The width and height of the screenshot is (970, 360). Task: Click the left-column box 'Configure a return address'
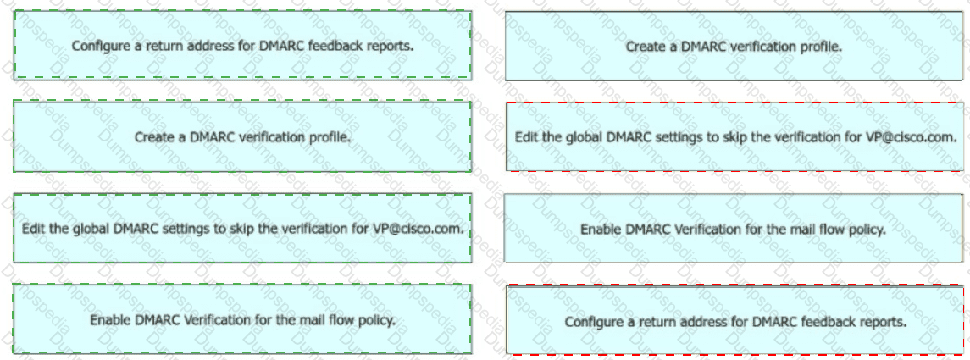click(x=242, y=46)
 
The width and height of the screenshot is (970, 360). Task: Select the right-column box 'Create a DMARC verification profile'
click(x=734, y=47)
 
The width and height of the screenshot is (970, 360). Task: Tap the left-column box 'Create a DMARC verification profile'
click(x=242, y=136)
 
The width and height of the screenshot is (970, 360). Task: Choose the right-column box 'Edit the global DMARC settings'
click(x=734, y=136)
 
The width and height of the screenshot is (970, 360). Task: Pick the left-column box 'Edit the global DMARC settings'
click(x=242, y=229)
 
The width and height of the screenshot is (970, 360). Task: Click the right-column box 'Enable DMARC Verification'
click(x=734, y=230)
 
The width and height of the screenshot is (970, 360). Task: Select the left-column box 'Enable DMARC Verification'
click(x=242, y=319)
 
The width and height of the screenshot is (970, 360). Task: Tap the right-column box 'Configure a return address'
click(x=734, y=321)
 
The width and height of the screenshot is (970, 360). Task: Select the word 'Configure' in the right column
click(x=591, y=322)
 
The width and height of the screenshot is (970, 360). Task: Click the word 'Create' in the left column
click(x=152, y=136)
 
